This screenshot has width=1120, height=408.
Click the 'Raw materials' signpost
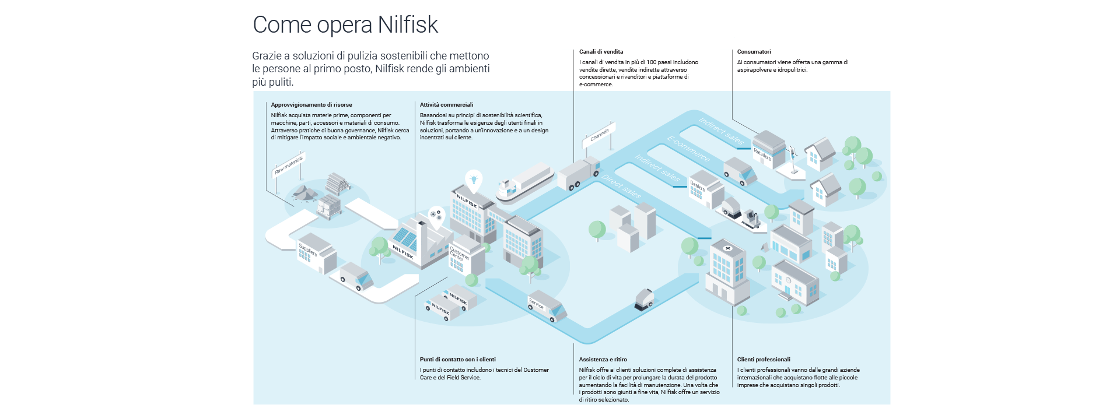tap(289, 165)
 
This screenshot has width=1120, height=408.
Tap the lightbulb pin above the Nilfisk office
tap(474, 180)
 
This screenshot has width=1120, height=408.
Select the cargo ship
tap(524, 182)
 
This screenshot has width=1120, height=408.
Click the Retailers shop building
tap(768, 149)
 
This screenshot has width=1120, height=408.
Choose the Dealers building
tap(705, 188)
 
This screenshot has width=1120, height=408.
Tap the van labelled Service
tap(547, 306)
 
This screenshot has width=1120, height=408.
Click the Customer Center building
tap(467, 256)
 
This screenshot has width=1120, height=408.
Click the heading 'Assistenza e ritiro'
tap(603, 360)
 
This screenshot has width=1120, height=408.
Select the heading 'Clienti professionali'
tap(764, 360)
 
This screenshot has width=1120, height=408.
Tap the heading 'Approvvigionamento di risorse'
tap(311, 105)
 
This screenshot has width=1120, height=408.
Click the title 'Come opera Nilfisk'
tap(345, 24)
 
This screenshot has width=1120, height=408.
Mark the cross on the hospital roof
tap(727, 248)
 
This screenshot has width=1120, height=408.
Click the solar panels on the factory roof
tap(404, 237)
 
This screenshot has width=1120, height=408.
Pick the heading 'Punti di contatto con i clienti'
tap(457, 360)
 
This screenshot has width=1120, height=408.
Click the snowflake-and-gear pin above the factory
tap(436, 214)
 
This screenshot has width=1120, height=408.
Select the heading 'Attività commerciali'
tap(446, 105)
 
